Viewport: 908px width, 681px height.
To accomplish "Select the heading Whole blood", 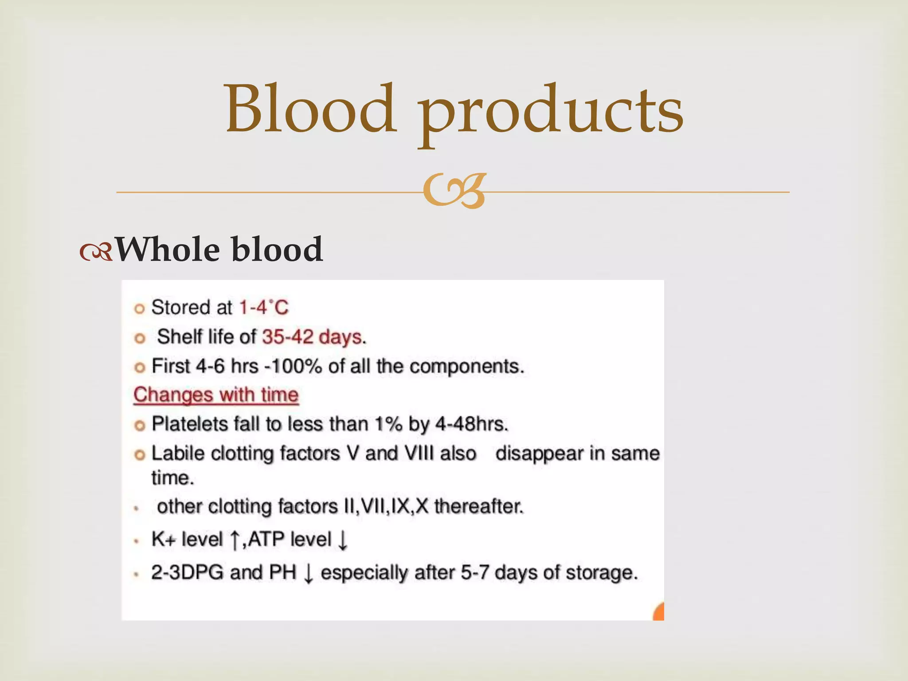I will pos(219,249).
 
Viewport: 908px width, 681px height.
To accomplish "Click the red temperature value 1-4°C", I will pos(264,307).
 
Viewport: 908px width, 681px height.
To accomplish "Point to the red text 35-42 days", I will pos(312,337).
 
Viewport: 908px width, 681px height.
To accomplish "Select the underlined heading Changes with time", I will pos(216,395).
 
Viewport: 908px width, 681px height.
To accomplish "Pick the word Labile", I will pos(178,453).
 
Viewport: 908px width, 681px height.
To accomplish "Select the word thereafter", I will pos(479,506).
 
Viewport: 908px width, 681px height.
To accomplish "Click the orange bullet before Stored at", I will pos(140,309).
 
